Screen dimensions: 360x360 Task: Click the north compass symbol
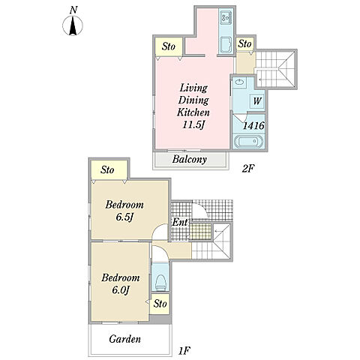click(73, 25)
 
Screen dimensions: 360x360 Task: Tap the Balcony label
click(190, 160)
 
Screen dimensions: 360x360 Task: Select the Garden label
click(124, 339)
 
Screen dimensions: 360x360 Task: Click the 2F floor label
click(248, 169)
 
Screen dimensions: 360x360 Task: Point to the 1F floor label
click(184, 351)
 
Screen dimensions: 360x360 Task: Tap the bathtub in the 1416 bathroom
click(248, 142)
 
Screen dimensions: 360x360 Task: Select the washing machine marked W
click(257, 101)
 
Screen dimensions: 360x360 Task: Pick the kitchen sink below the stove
click(226, 44)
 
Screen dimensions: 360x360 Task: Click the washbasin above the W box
click(239, 82)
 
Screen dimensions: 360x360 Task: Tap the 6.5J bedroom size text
click(124, 217)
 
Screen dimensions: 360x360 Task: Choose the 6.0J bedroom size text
click(120, 290)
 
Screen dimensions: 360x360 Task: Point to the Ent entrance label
click(180, 222)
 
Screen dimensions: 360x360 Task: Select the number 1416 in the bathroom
click(253, 125)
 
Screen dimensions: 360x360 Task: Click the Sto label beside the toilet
click(160, 304)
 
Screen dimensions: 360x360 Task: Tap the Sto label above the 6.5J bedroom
click(107, 170)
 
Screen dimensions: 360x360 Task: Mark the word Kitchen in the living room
click(193, 112)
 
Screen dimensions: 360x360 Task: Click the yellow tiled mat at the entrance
click(200, 232)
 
